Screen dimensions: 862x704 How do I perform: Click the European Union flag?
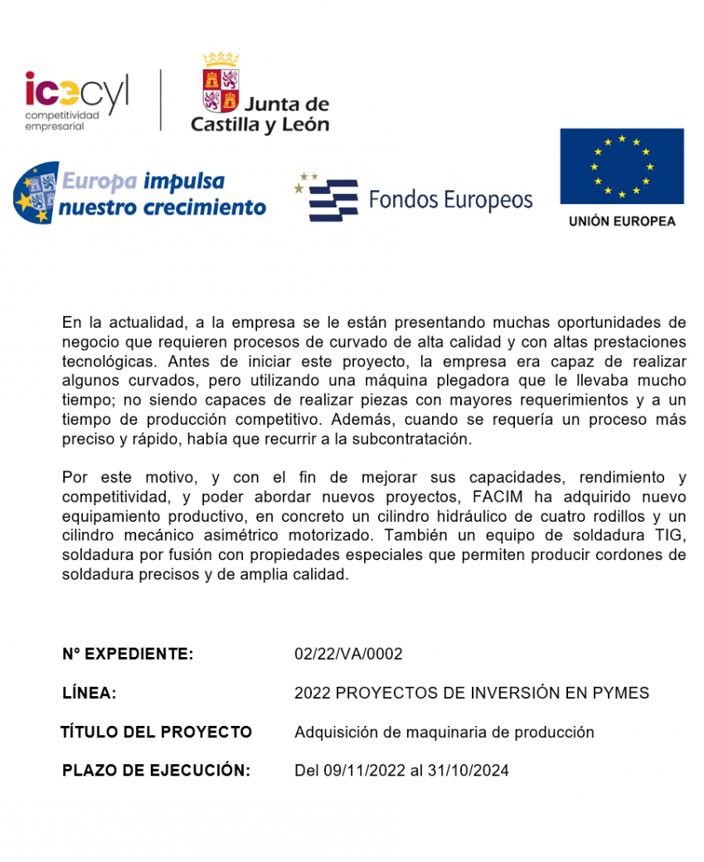pyautogui.click(x=621, y=166)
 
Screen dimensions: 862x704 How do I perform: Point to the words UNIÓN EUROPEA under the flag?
pyautogui.click(x=621, y=222)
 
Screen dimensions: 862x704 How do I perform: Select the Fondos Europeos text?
pyautogui.click(x=450, y=200)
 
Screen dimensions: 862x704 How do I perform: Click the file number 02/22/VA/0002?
pyautogui.click(x=348, y=654)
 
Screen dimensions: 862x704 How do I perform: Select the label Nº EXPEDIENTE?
pyautogui.click(x=128, y=654)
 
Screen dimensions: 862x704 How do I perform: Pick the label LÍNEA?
pyautogui.click(x=89, y=693)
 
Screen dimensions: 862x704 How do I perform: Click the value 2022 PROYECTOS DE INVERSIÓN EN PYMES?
pyautogui.click(x=471, y=693)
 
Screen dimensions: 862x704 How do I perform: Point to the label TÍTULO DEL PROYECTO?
pyautogui.click(x=156, y=732)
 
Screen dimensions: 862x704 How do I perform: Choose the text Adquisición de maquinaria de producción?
pyautogui.click(x=444, y=732)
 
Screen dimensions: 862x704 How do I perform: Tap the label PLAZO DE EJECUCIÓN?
pyautogui.click(x=156, y=771)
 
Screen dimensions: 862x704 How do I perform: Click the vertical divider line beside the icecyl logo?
pyautogui.click(x=161, y=100)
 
